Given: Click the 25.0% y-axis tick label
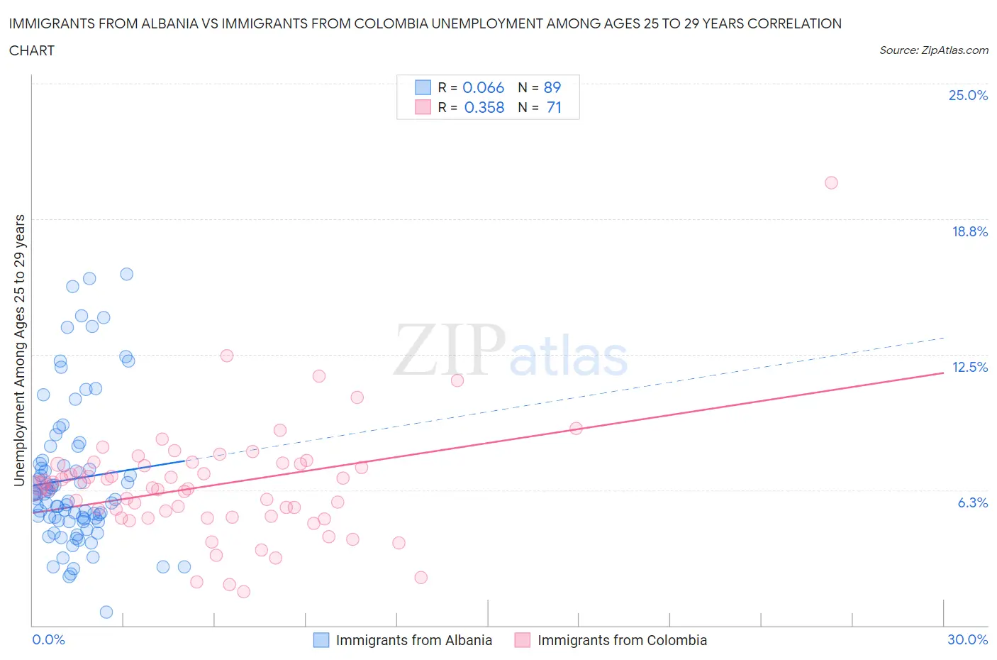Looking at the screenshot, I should (x=968, y=95).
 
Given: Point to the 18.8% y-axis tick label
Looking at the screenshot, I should (x=969, y=231).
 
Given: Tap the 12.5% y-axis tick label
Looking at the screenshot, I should (x=969, y=367).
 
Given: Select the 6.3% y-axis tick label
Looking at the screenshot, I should (x=972, y=502).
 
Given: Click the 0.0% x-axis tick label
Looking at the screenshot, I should (x=48, y=639).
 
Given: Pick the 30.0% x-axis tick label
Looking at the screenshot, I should (x=967, y=639).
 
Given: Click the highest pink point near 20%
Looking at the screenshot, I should (x=831, y=183).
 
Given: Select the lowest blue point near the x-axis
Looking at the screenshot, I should (x=106, y=612).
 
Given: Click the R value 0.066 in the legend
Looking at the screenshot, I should (x=483, y=87).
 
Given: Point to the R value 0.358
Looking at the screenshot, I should (x=484, y=107).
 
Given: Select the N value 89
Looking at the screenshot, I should (x=552, y=87).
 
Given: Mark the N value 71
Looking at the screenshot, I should (x=554, y=107).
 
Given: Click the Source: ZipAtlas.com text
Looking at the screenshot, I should (x=933, y=50).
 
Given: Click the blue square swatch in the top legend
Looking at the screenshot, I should (x=423, y=87).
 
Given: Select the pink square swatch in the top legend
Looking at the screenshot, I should (x=423, y=107).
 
